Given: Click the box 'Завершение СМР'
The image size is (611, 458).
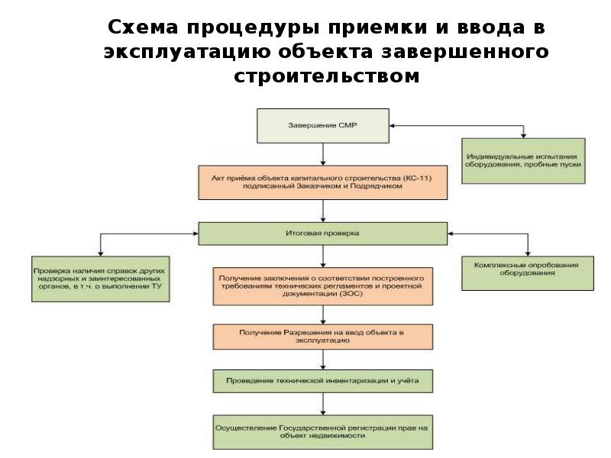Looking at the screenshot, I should pos(322,126).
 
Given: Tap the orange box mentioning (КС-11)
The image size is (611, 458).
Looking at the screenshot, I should pos(322,183).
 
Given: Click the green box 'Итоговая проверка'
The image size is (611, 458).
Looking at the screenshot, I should pos(322,233).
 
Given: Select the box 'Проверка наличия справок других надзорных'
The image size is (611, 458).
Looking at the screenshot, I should pos(100,279).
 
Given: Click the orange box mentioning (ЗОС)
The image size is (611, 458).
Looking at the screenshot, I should pos(322,286).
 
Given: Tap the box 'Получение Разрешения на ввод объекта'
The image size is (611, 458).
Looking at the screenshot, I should pos(322,336).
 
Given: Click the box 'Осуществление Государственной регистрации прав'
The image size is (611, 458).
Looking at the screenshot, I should pos(322,431).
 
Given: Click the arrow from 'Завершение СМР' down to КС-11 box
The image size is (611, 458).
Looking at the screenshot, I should pos(323,154).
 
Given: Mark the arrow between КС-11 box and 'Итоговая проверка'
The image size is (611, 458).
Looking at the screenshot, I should pos(323,211).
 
